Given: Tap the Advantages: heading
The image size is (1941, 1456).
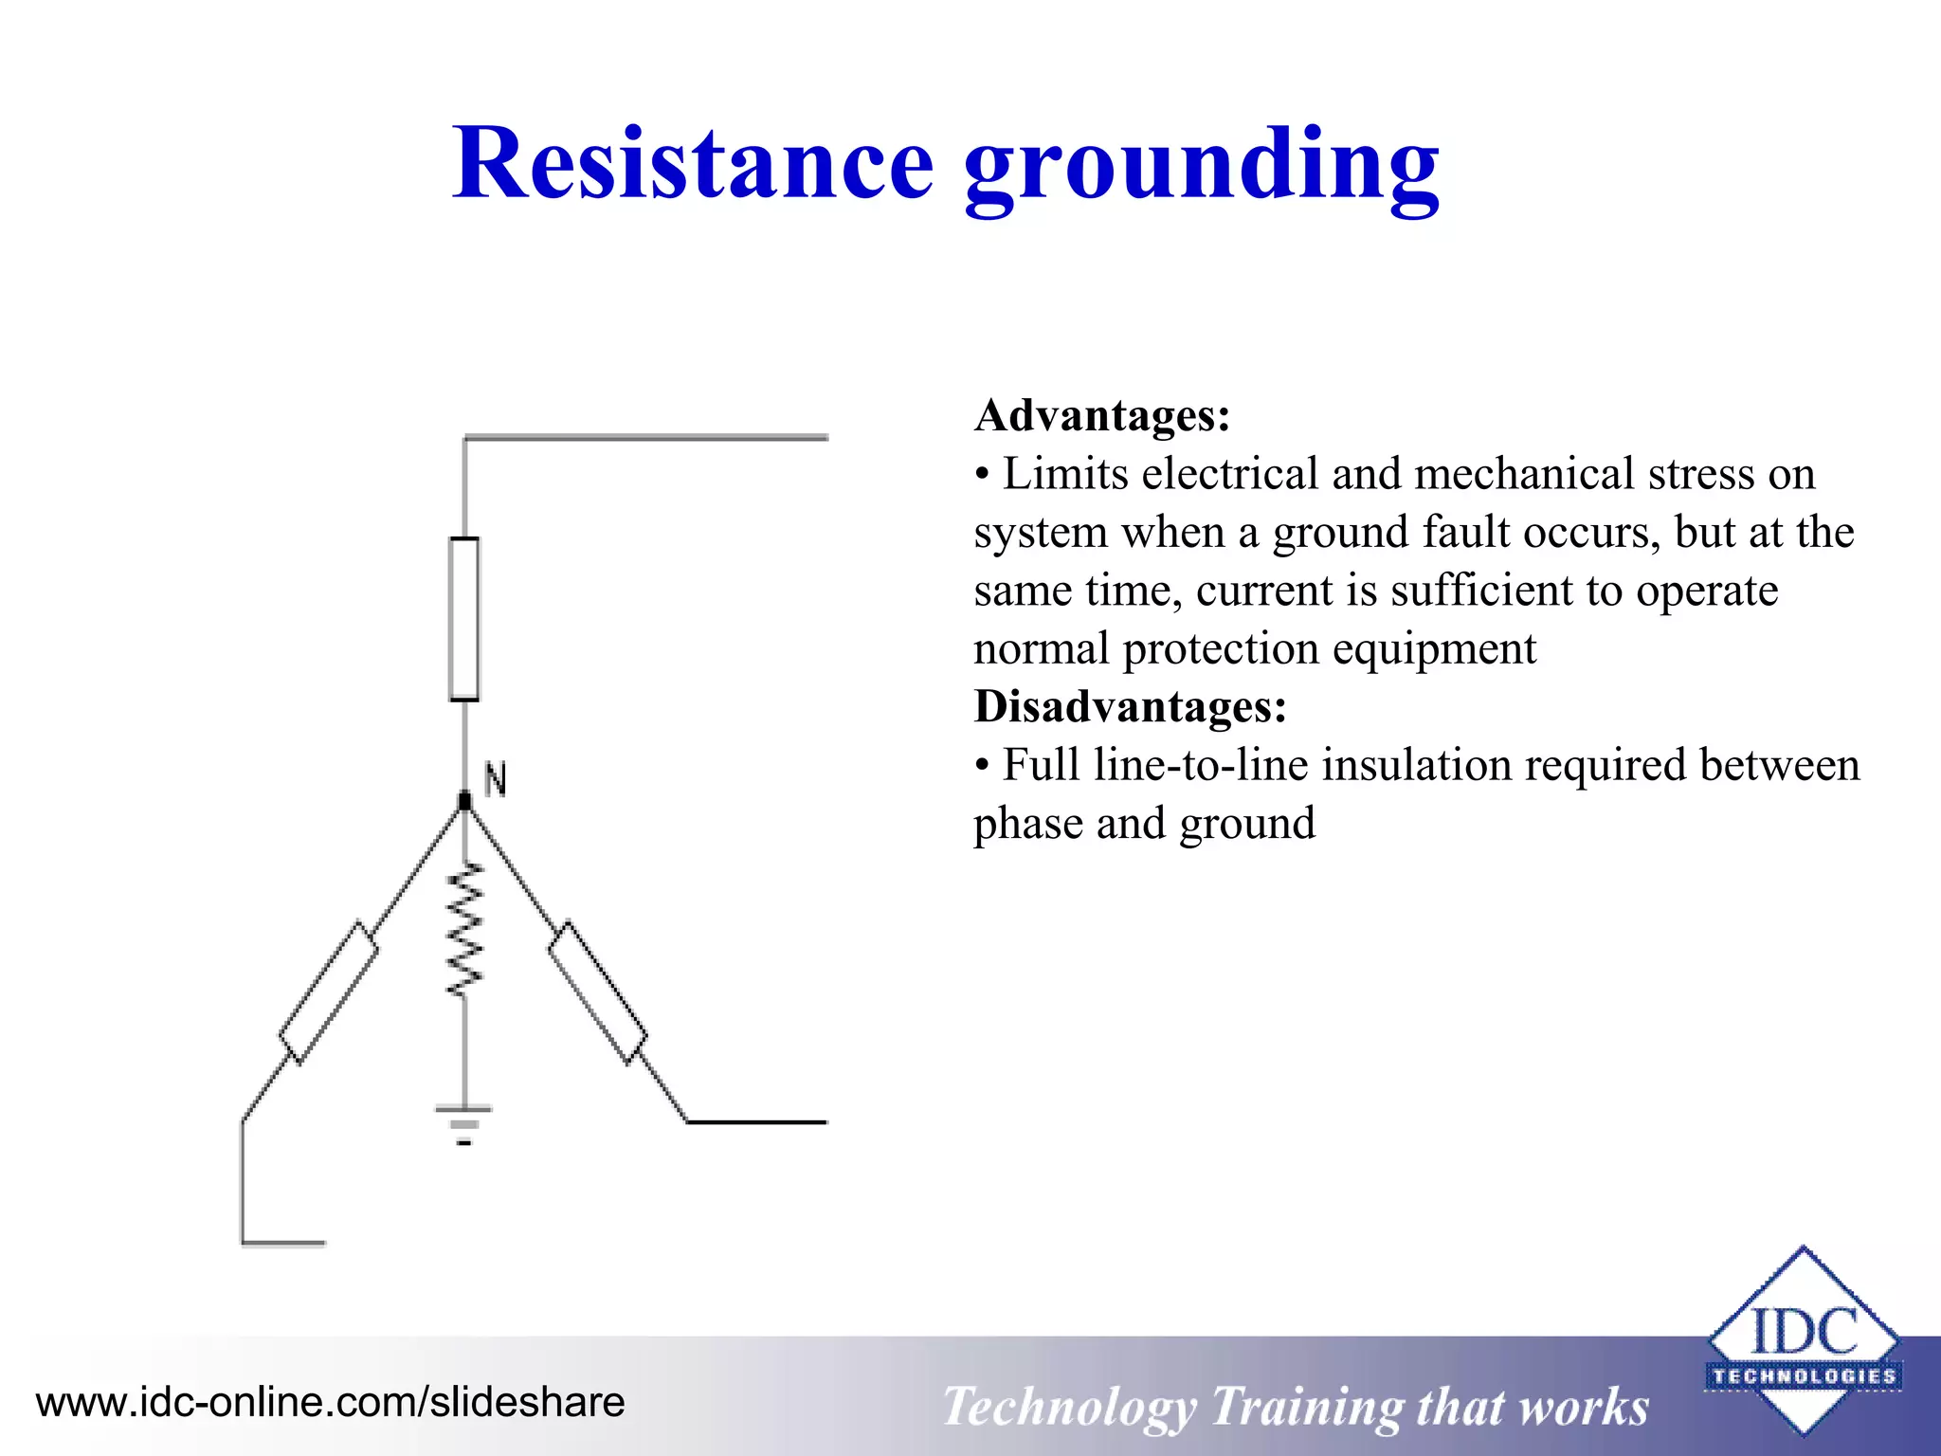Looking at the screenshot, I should pyautogui.click(x=1102, y=415).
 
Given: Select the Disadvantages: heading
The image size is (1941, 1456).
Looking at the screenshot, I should pyautogui.click(x=1131, y=706).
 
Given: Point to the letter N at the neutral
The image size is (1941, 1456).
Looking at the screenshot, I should pyautogui.click(x=495, y=779).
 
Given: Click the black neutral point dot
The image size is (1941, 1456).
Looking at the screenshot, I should pyautogui.click(x=464, y=802).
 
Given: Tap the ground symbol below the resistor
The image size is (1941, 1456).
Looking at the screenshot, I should pyautogui.click(x=463, y=1124).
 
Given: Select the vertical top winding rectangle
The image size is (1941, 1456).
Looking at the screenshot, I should pyautogui.click(x=463, y=619).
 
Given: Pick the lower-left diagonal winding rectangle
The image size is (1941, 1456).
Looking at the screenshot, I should pyautogui.click(x=328, y=992).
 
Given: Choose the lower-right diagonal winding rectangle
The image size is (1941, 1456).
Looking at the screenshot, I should pyautogui.click(x=598, y=992).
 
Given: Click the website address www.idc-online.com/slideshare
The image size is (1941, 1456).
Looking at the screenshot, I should pyautogui.click(x=330, y=1402).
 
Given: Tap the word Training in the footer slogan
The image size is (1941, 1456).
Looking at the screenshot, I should pyautogui.click(x=1308, y=1407).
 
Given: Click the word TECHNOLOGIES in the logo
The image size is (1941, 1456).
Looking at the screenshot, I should pyautogui.click(x=1803, y=1376).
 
